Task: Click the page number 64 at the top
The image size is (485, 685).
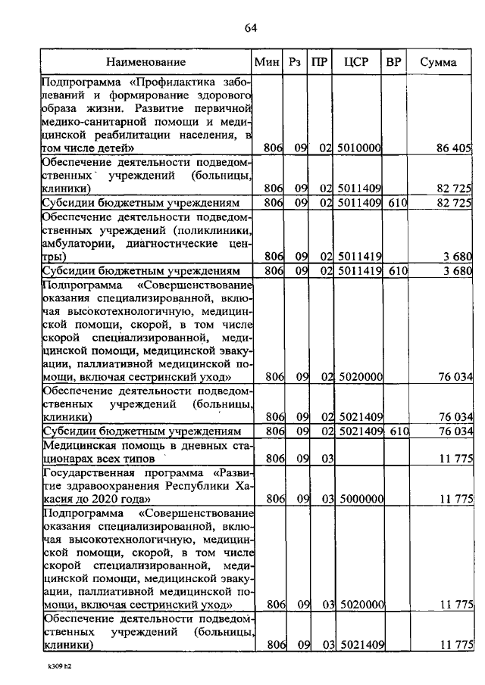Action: click(251, 28)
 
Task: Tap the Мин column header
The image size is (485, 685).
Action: click(267, 62)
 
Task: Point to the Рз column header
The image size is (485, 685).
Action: click(296, 62)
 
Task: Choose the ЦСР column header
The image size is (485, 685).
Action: click(356, 62)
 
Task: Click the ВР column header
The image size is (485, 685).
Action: click(393, 62)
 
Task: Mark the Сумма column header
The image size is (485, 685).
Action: click(439, 62)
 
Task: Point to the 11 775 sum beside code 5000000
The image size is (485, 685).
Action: click(456, 499)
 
